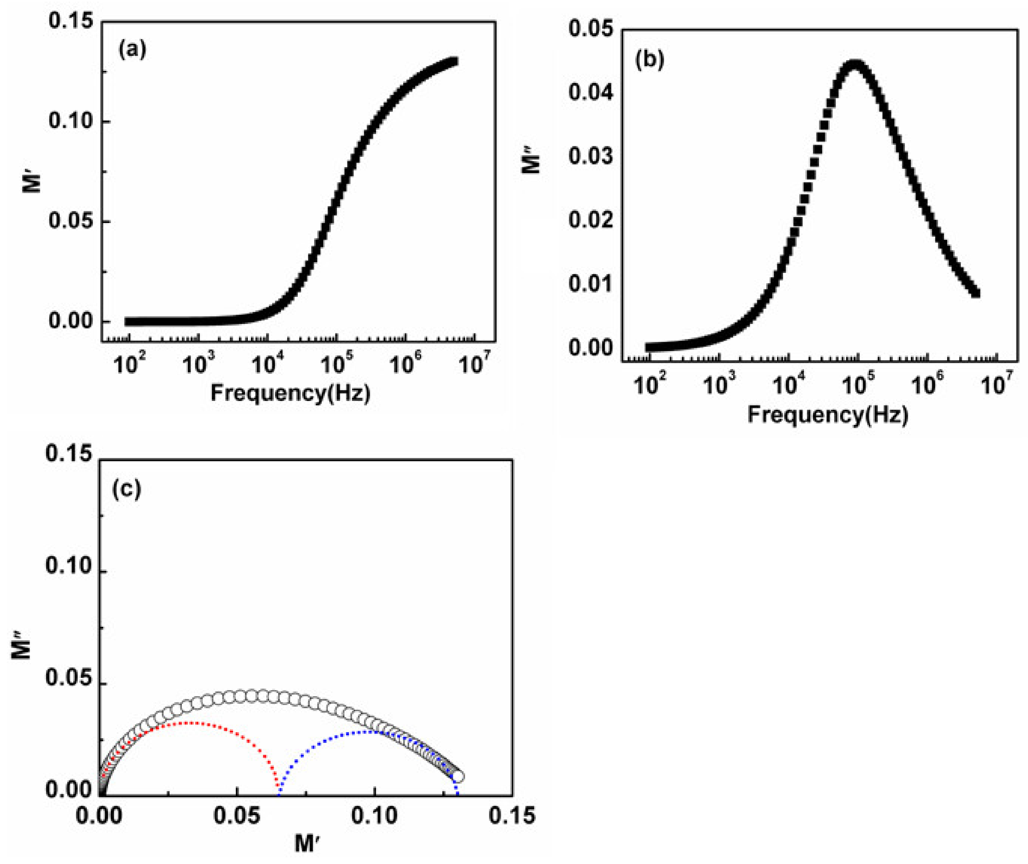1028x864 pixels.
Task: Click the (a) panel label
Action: (x=132, y=50)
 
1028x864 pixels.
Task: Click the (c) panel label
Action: (x=127, y=489)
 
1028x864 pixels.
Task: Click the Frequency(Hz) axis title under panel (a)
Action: (x=290, y=393)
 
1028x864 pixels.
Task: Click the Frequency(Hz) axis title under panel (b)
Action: (x=828, y=415)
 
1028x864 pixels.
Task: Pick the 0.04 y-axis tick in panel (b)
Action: (x=591, y=92)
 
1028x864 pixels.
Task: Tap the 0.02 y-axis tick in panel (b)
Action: (x=591, y=220)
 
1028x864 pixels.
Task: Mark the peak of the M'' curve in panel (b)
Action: (x=855, y=65)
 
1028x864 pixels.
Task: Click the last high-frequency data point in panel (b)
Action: (x=975, y=293)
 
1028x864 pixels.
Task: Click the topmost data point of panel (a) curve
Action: (x=454, y=62)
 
